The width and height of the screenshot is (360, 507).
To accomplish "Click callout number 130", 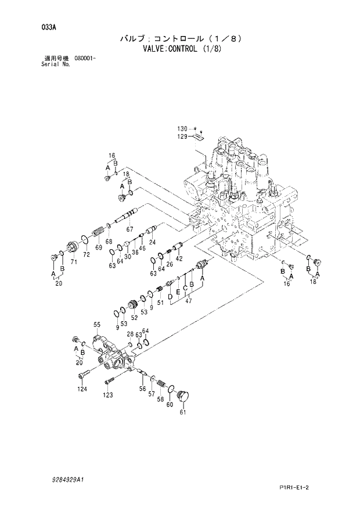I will (182, 128).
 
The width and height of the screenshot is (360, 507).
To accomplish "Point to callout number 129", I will (182, 136).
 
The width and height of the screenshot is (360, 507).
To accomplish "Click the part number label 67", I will (130, 229).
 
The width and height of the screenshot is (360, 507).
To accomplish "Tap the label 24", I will (152, 242).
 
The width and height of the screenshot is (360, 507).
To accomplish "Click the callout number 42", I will (179, 258).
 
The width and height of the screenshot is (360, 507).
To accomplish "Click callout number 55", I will (97, 325).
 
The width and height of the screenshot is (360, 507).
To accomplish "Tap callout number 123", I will (108, 395).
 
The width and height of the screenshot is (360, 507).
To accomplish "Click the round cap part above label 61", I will (185, 397).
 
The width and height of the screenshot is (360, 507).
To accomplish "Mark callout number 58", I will (161, 400).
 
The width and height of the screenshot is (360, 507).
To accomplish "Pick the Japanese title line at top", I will (181, 38).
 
